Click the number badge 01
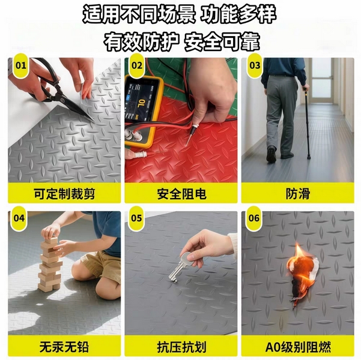(x=20, y=65)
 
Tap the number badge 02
(x=137, y=65)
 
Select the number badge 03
(x=255, y=65)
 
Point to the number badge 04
(x=19, y=218)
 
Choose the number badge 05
(x=136, y=218)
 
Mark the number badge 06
(x=254, y=218)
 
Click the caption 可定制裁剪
(x=64, y=194)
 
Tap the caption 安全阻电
(x=181, y=194)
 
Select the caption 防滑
(x=298, y=194)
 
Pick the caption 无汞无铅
(x=64, y=347)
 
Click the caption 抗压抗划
(x=181, y=347)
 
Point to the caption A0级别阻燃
(x=298, y=347)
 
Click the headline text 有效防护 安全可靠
(x=182, y=41)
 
